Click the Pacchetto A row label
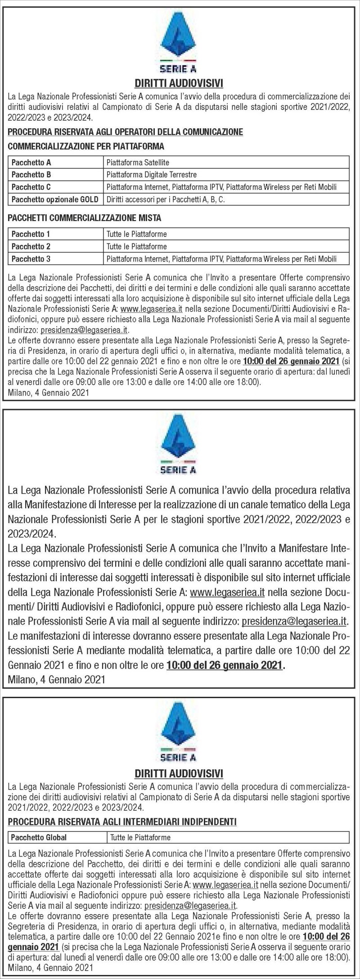tap(31, 162)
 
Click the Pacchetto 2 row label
tap(31, 246)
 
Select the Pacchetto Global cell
tap(39, 837)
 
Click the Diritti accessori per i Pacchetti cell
tap(165, 199)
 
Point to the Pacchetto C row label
tap(31, 187)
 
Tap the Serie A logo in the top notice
tap(179, 43)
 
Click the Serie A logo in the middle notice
tap(179, 446)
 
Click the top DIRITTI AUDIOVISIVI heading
tap(179, 83)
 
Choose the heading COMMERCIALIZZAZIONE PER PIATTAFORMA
tap(86, 146)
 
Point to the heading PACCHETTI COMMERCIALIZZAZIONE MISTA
tap(85, 218)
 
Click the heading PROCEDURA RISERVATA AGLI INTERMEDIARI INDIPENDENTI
tap(122, 821)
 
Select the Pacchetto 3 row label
tap(31, 258)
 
